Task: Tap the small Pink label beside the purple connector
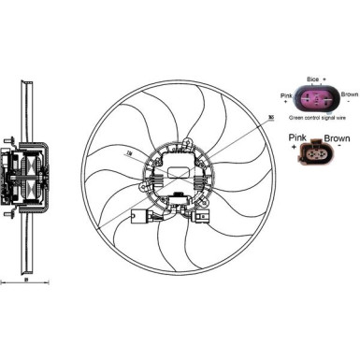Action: click(x=287, y=95)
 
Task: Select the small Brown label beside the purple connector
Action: click(x=349, y=94)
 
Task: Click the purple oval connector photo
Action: click(x=317, y=100)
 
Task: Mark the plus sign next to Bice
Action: click(x=324, y=82)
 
